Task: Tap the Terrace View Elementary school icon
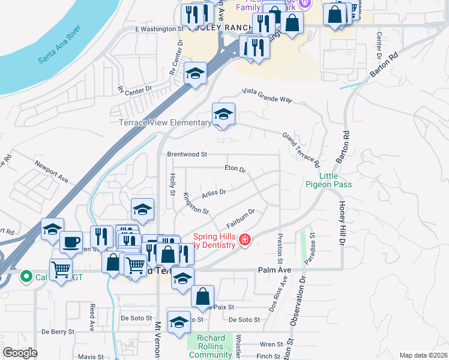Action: pos(223,115)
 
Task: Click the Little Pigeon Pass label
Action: pos(328,180)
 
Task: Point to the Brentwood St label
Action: pos(187,154)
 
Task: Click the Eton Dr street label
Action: pos(235,170)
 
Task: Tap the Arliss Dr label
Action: pos(214,192)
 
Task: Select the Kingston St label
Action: pos(196,203)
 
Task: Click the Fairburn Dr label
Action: pos(241,218)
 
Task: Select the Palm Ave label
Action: pos(274,270)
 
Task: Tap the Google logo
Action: pos(20,353)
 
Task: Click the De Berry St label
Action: pos(58,331)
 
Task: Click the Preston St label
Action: pos(280,250)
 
